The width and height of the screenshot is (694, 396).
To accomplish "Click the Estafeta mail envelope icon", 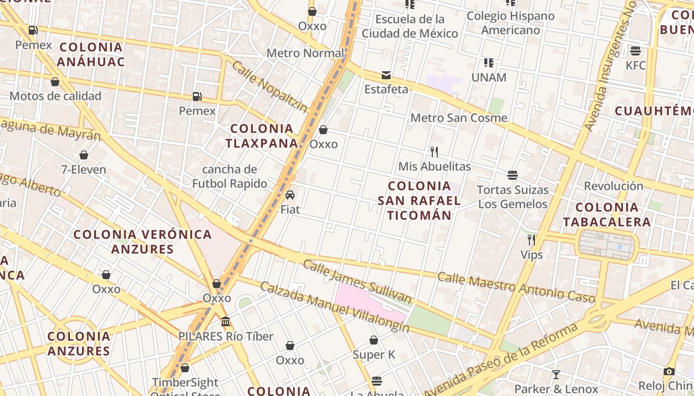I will tap(386, 75).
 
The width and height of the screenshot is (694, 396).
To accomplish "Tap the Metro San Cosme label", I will tap(459, 118).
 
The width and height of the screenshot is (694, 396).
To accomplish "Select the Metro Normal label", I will tap(305, 53).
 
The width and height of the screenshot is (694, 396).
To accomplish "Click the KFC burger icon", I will tap(636, 50).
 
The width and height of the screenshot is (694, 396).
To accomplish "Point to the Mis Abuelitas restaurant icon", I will tap(434, 151).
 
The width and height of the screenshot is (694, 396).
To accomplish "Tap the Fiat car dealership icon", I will tap(290, 195).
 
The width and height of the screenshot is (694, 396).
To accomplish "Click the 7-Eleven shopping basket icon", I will tap(84, 155).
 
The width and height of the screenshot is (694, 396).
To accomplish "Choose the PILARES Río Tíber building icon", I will tap(226, 322).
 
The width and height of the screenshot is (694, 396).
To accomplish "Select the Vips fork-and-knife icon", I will tap(531, 240).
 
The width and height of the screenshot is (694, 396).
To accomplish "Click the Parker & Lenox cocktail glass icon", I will tap(556, 374).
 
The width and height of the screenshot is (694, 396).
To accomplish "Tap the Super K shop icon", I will tap(374, 340).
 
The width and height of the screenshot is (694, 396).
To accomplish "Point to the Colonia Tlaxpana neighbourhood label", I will tap(262, 136).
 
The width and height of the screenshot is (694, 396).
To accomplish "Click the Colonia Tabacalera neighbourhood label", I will tap(607, 214).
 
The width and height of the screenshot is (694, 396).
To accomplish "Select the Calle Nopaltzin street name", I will tap(270, 87).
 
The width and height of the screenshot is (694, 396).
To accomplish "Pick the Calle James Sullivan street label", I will tap(357, 281).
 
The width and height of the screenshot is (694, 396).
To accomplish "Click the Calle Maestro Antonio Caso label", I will tap(516, 287).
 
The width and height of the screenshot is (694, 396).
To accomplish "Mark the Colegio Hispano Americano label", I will tap(511, 23).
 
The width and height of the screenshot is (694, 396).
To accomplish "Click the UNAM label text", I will tap(489, 77).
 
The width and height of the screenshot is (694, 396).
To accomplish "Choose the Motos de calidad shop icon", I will tap(55, 82).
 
